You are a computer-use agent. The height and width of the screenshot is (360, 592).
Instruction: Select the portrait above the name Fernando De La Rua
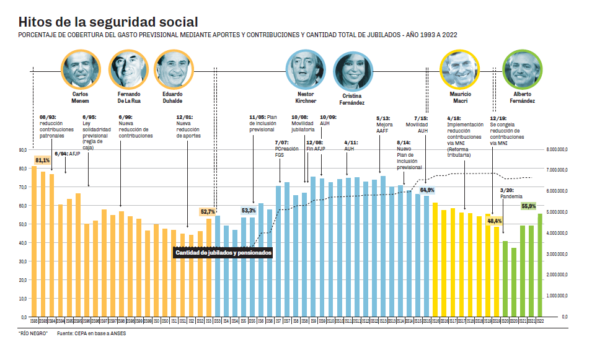point(128,70)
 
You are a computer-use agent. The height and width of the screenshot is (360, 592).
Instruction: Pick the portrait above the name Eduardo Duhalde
point(173,70)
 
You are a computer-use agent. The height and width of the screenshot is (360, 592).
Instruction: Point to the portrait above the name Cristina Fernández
point(353,71)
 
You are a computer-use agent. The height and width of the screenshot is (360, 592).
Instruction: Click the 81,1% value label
point(42,161)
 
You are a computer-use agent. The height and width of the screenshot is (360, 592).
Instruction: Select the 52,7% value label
point(208,212)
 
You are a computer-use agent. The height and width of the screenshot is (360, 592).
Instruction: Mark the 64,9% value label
point(427,190)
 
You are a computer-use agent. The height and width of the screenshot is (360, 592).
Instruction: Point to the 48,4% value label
point(495,221)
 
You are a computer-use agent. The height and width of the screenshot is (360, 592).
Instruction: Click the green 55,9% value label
point(529,206)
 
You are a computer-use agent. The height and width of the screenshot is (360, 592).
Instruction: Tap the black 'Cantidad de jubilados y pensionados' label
point(223,253)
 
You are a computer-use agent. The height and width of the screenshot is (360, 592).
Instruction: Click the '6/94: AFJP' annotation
point(68,154)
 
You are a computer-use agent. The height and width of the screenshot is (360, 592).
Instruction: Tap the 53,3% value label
point(249,211)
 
